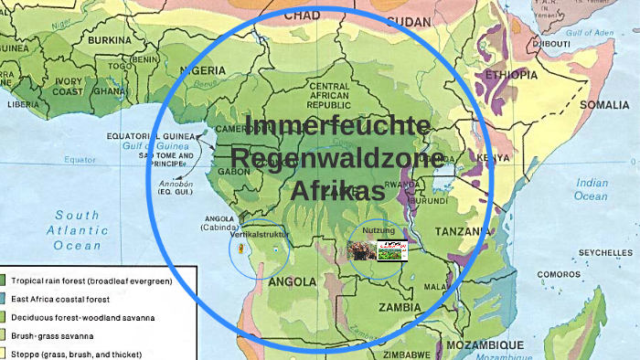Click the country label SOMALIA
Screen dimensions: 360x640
605,105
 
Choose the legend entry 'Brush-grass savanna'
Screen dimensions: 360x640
73,335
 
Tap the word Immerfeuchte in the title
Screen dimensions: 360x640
338,126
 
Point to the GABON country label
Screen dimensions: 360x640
235,171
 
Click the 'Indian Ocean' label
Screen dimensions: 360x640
592,189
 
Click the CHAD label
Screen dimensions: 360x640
303,16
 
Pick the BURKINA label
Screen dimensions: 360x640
111,40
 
